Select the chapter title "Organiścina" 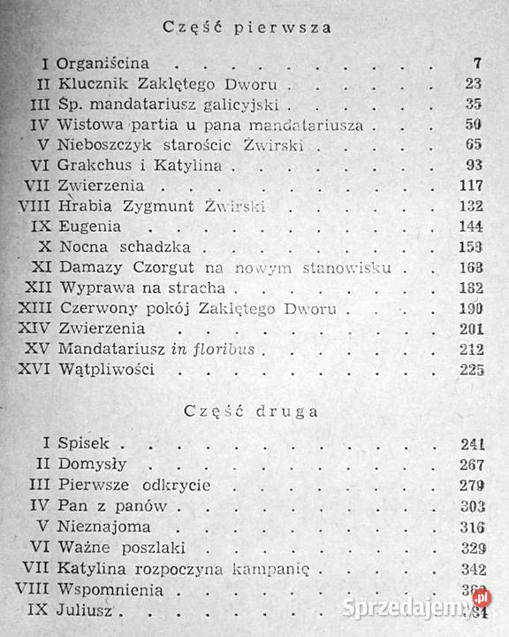(103, 65)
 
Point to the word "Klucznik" (91, 85)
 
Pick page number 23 (474, 85)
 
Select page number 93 (474, 165)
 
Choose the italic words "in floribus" (216, 349)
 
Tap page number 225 (472, 369)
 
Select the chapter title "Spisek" (81, 443)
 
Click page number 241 (472, 443)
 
